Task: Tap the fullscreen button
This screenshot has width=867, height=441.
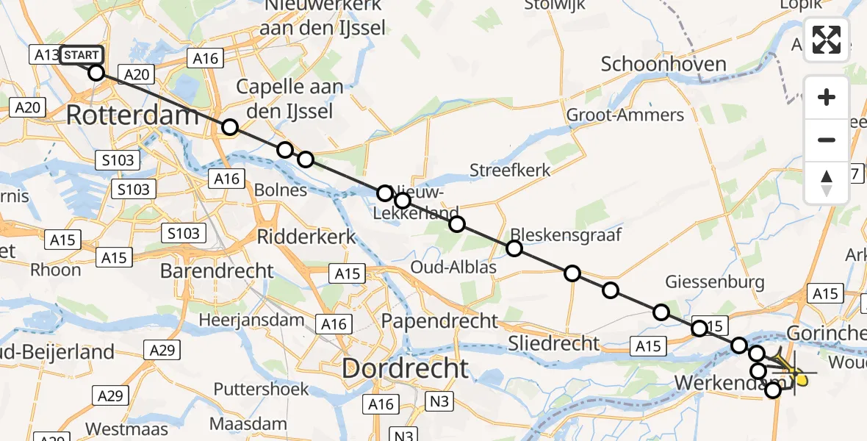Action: click(x=827, y=40)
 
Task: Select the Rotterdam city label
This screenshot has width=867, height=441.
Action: click(x=133, y=115)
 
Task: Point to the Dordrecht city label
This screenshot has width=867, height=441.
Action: click(x=405, y=368)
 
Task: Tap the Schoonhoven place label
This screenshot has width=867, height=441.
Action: click(x=663, y=64)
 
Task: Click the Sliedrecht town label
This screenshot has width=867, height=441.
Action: click(x=554, y=343)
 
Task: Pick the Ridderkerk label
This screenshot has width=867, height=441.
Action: click(x=306, y=237)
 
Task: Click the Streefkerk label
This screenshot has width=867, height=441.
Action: click(x=510, y=171)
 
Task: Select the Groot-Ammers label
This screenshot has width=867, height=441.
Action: click(x=625, y=115)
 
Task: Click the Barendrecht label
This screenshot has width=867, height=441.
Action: click(x=217, y=270)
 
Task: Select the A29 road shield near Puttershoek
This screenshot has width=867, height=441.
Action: click(x=110, y=395)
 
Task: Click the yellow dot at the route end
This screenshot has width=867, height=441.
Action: click(x=802, y=380)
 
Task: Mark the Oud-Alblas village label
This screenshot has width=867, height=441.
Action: click(x=453, y=267)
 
